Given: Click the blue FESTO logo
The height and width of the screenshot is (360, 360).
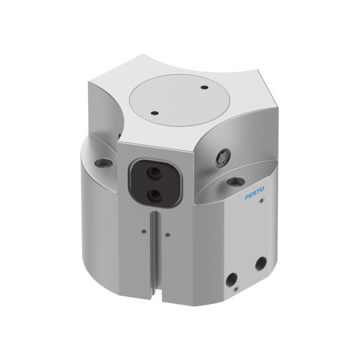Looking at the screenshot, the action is [x=254, y=193].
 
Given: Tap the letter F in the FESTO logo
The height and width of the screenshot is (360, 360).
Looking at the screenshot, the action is [x=247, y=197].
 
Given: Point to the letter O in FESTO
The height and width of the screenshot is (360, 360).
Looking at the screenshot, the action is [x=262, y=189].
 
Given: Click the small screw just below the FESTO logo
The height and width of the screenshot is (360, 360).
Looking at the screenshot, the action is [x=261, y=201].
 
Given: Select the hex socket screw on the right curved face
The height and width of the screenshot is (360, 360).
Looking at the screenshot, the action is [x=223, y=157].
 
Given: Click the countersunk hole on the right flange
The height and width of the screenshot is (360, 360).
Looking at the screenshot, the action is [x=236, y=182].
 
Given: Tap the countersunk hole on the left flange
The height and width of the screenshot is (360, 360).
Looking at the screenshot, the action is [x=103, y=164].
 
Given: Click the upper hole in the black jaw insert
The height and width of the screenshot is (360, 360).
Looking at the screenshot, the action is [x=154, y=172].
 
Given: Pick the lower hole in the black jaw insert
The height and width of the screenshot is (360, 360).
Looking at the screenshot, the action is [x=154, y=196].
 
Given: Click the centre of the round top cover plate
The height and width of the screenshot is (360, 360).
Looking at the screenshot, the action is [x=180, y=100].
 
